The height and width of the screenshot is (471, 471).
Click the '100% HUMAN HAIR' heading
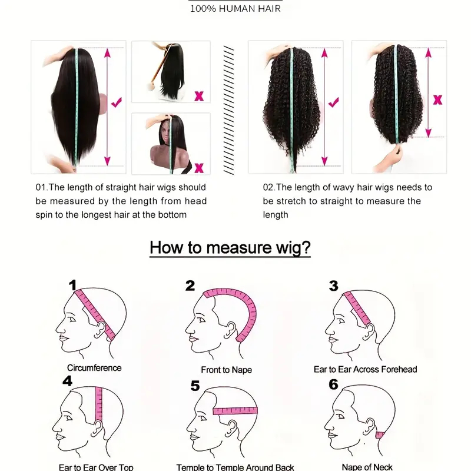pos(235,8)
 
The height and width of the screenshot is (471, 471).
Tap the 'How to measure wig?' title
pos(230,247)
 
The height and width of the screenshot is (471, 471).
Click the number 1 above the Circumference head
pos(72,285)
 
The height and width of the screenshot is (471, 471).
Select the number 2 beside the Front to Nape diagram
pos(190,286)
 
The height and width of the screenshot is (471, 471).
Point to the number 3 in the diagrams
pos(333,286)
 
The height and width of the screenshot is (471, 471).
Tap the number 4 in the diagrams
pos(67,381)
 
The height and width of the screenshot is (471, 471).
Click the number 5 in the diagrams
pos(195,386)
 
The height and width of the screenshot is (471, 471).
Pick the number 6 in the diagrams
pos(333,384)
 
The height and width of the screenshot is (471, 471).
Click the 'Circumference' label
pos(94,368)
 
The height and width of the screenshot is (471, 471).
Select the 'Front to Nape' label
pos(227,370)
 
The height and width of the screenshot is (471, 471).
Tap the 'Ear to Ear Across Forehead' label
pos(365,369)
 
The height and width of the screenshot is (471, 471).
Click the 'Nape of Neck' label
pos(367,467)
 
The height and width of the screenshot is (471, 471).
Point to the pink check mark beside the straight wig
pos(117,102)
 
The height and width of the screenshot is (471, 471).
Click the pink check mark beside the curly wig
pos(333,102)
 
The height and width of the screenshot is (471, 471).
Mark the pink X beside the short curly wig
pos(437,99)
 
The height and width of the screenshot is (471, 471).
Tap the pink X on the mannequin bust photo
pos(199,168)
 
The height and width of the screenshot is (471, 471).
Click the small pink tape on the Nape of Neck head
pos(380,434)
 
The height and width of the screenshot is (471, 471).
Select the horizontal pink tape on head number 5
pos(235,410)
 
